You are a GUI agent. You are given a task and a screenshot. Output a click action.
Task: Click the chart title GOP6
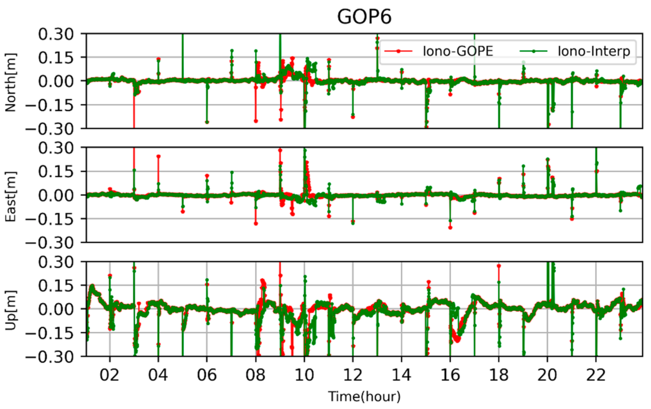[x=364, y=17]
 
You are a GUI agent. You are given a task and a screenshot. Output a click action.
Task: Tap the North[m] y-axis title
[x=10, y=82]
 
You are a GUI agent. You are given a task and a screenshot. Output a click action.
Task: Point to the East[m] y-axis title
[x=10, y=196]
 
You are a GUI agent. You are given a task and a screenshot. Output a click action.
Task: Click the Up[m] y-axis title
[x=10, y=310]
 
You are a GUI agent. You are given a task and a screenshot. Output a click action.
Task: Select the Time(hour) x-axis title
[x=364, y=397]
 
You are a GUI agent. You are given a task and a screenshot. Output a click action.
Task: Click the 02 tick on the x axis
[x=110, y=375]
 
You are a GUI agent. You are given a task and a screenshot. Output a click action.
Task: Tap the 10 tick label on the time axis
[x=304, y=375]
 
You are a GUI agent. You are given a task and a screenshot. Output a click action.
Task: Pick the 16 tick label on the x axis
[x=450, y=375]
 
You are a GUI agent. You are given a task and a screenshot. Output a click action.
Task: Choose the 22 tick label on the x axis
[x=596, y=375]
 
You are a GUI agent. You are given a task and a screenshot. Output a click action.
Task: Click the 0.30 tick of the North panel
[x=56, y=34]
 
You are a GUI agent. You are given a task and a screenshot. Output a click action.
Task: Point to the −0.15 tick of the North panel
[x=50, y=105]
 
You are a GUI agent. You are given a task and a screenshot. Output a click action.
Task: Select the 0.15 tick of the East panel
[x=56, y=171]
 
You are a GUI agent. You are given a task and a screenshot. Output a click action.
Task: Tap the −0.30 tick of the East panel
[x=50, y=243]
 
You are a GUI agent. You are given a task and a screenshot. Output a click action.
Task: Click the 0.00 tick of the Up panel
[x=56, y=309]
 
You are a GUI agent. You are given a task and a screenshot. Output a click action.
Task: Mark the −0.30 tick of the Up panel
[x=50, y=357]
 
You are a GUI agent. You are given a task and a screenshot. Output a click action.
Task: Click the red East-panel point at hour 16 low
[x=450, y=228]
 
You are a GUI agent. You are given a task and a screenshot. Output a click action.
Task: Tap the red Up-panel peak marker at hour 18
[x=499, y=266]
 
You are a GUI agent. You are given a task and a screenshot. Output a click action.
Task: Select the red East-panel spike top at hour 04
[x=159, y=156]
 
